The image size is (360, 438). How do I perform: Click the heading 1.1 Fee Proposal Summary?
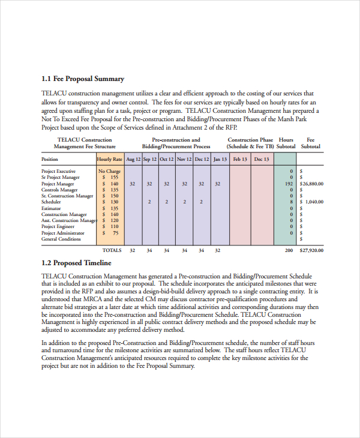click(x=83, y=79)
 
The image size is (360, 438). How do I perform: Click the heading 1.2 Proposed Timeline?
click(x=76, y=263)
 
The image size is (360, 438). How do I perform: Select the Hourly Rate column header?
click(x=110, y=160)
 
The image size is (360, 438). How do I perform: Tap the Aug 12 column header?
click(x=133, y=160)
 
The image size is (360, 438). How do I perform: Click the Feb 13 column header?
click(x=240, y=160)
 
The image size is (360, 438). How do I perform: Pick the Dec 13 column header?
click(x=262, y=160)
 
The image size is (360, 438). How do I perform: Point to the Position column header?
click(x=50, y=160)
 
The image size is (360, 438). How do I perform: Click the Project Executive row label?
click(x=58, y=172)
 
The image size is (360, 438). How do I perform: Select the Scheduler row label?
click(x=51, y=202)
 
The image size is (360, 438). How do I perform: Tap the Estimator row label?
click(x=51, y=208)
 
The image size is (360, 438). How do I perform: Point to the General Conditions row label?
click(x=61, y=239)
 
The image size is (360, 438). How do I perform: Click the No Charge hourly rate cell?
click(x=110, y=172)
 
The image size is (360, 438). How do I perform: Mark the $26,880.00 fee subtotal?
click(x=312, y=184)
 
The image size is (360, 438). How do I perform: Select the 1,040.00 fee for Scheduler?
click(x=314, y=202)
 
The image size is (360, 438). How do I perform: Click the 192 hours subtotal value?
click(x=289, y=184)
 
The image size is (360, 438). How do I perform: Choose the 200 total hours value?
click(x=289, y=250)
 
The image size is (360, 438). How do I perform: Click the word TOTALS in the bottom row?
click(x=112, y=250)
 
